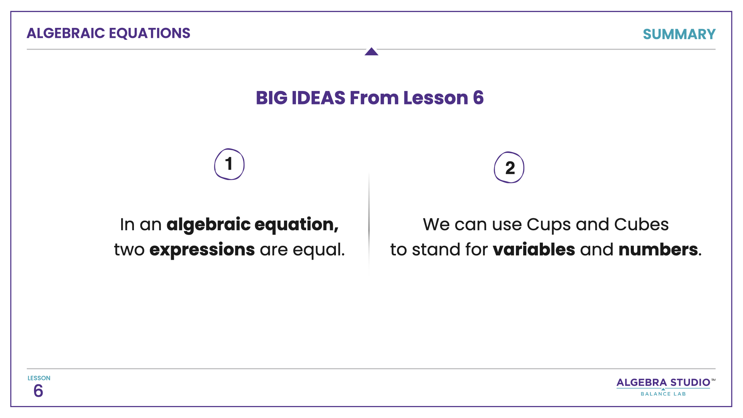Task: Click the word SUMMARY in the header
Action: pos(679,34)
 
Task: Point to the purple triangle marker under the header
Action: pos(371,52)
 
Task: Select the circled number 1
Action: pos(229,164)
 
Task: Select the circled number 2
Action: pos(509,168)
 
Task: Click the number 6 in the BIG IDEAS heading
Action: pos(478,98)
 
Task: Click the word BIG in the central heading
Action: pos(271,98)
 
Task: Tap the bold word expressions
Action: pos(202,250)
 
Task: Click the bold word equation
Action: pos(296,225)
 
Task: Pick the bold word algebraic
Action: pos(209,225)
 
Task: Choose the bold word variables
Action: pos(534,250)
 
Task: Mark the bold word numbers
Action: pos(658,250)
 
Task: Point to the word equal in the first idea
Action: pos(317,250)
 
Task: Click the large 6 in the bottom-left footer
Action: pos(38,391)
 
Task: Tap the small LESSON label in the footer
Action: pos(39,378)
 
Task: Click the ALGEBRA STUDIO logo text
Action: pos(663,382)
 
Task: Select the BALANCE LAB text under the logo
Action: pos(663,394)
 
